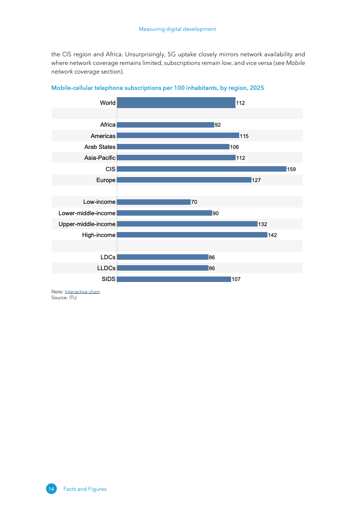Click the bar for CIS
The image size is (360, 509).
pyautogui.click(x=202, y=169)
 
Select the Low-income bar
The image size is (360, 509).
pyautogui.click(x=153, y=202)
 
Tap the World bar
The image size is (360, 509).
pyautogui.click(x=176, y=103)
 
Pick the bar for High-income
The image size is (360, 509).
pyautogui.click(x=192, y=235)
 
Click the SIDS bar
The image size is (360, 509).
pyautogui.click(x=174, y=279)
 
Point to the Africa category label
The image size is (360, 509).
pyautogui.click(x=108, y=125)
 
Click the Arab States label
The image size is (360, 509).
pyautogui.click(x=100, y=147)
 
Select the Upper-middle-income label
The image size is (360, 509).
pyautogui.click(x=87, y=224)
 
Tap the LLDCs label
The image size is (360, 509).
pyautogui.click(x=106, y=268)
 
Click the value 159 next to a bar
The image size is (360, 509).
pyautogui.click(x=291, y=169)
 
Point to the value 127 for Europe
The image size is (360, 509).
pyautogui.click(x=256, y=180)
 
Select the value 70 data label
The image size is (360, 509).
pyautogui.click(x=194, y=203)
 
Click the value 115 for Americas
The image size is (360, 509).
pyautogui.click(x=244, y=136)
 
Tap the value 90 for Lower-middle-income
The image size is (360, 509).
pyautogui.click(x=216, y=213)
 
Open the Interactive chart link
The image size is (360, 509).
pyautogui.click(x=82, y=292)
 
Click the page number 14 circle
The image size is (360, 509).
pyautogui.click(x=51, y=489)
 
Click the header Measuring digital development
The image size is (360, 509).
pyautogui.click(x=177, y=29)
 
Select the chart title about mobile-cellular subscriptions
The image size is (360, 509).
pyautogui.click(x=158, y=88)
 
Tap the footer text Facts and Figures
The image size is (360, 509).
pyautogui.click(x=85, y=489)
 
